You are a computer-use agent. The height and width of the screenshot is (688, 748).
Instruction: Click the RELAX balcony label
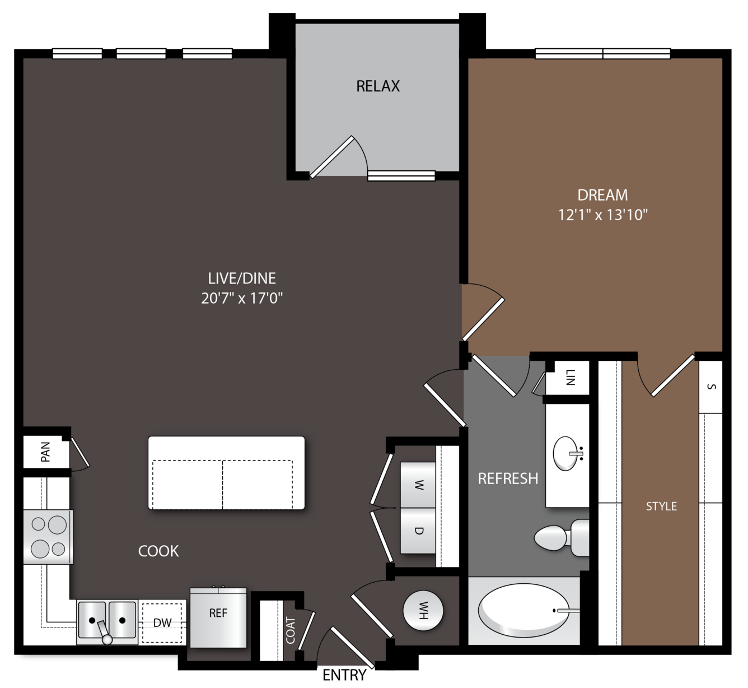(x=378, y=86)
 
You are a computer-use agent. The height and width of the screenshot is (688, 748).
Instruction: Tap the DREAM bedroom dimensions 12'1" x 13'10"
(x=602, y=215)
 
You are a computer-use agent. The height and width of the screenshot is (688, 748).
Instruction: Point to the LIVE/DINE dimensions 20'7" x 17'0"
(x=242, y=298)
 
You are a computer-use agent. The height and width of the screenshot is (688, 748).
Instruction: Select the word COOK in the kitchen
(x=158, y=551)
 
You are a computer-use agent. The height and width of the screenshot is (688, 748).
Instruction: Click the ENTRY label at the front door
(x=344, y=675)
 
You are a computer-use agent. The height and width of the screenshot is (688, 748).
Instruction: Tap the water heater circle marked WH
(x=423, y=611)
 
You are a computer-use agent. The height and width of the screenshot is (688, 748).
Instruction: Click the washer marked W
(x=418, y=485)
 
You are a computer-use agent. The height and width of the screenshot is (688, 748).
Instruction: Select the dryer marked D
(x=418, y=531)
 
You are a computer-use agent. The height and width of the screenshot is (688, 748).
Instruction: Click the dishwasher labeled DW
(x=162, y=622)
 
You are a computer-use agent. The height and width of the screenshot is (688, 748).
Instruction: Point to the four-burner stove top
(x=48, y=537)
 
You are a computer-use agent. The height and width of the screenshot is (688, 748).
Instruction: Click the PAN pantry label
(x=45, y=452)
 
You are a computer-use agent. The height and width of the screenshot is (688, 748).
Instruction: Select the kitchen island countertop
(x=226, y=473)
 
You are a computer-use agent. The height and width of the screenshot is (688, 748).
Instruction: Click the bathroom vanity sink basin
(x=567, y=454)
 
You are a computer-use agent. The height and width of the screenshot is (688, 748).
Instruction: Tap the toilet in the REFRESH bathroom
(x=562, y=538)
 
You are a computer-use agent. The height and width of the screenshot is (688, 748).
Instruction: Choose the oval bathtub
(x=523, y=611)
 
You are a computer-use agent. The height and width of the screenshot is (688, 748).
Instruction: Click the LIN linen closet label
(x=570, y=377)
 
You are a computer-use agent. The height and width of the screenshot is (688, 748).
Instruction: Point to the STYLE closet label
(x=661, y=506)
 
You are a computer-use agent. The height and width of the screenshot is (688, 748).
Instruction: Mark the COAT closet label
(x=291, y=630)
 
